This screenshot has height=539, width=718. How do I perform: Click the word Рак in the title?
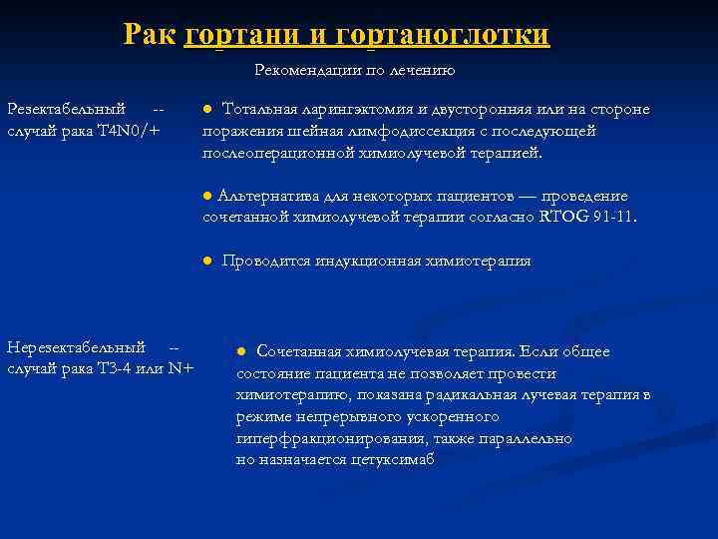pos(151,35)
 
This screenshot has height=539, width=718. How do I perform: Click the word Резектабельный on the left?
pos(66,108)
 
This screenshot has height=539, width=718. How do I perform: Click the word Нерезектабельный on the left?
pos(76,347)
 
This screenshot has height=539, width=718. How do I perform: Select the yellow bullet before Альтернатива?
pos(207,195)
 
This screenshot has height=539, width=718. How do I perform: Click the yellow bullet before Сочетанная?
pos(241,351)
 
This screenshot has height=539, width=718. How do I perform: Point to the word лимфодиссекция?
pos(396,131)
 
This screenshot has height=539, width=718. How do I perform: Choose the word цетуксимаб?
pos(393,460)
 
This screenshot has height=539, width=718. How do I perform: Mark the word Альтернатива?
pos(262,196)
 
